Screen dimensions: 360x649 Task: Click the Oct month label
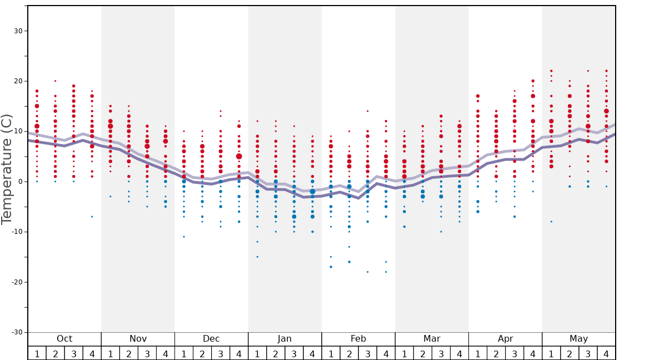tap(64, 339)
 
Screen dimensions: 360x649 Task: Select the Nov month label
tap(138, 339)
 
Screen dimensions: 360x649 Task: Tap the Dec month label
tap(211, 339)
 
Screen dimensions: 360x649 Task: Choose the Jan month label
tap(284, 339)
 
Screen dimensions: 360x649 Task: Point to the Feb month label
tap(358, 339)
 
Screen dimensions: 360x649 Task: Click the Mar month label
tap(432, 339)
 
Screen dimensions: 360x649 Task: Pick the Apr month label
tap(505, 339)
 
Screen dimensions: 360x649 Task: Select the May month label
tap(578, 339)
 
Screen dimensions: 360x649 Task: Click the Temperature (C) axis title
tap(7, 169)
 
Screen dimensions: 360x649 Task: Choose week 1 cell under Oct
tap(37, 353)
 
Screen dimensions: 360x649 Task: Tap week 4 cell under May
tap(606, 353)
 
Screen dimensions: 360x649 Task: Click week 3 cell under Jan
tap(294, 353)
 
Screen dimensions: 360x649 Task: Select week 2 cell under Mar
tap(422, 353)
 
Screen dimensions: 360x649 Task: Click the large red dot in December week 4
tap(239, 157)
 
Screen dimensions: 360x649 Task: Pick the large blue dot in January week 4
tap(312, 192)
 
